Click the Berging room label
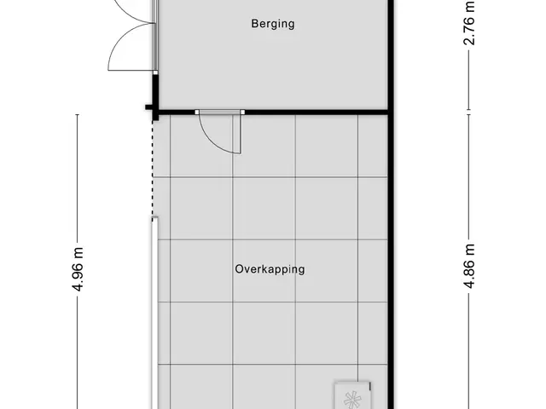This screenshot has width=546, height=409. [273, 24]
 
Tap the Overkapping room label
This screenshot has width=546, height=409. [270, 269]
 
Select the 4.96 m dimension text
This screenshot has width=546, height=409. [78, 269]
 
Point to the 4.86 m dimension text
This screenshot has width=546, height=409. [469, 266]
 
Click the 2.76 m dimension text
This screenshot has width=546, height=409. [469, 23]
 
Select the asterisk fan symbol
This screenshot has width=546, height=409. [352, 400]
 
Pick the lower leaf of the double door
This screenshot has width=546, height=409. [131, 47]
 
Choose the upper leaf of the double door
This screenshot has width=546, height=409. [136, 11]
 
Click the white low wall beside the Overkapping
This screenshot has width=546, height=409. [154, 313]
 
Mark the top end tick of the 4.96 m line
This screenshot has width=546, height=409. [78, 114]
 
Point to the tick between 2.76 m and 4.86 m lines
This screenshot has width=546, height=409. [468, 112]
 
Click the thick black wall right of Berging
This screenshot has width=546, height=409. [391, 55]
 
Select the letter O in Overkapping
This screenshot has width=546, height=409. [239, 269]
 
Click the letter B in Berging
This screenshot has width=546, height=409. [255, 24]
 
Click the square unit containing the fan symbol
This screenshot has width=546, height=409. [352, 395]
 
